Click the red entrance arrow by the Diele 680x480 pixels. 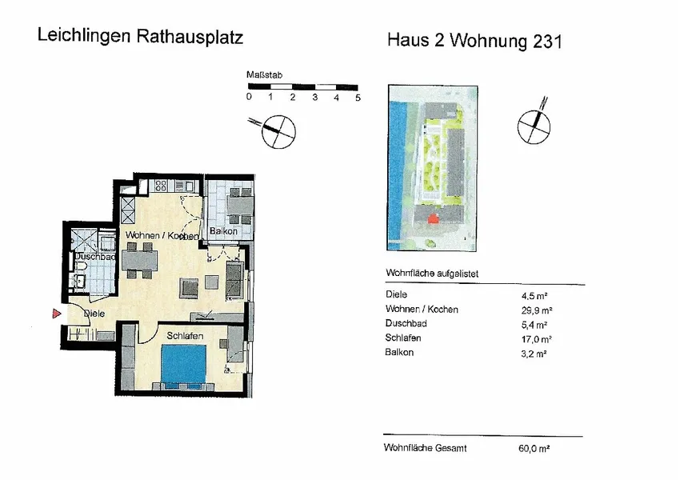click(x=56, y=314)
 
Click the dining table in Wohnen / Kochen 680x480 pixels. click(x=141, y=262)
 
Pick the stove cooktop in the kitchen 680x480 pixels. click(x=159, y=186)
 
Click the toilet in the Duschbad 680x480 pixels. click(x=81, y=265)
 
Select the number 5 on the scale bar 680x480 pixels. click(x=358, y=97)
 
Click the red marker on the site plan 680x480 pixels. click(x=433, y=218)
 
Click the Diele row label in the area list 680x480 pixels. click(x=396, y=294)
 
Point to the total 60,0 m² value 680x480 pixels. click(x=534, y=450)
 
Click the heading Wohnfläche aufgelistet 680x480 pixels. click(x=433, y=274)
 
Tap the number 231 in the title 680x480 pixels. click(x=546, y=42)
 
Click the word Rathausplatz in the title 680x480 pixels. click(x=192, y=37)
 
